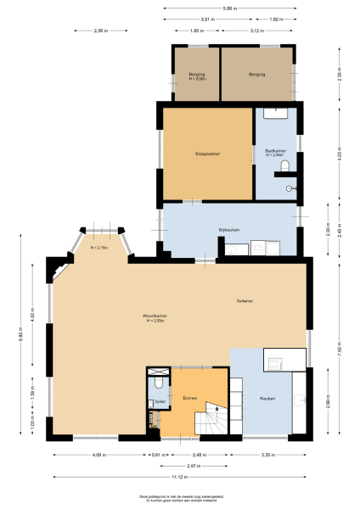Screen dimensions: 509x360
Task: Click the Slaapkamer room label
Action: pos(207,153)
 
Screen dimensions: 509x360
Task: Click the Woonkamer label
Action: pos(154,318)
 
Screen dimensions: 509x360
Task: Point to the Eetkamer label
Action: pos(245,300)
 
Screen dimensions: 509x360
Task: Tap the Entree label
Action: pos(190,397)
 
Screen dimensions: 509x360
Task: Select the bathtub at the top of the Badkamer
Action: pos(276,112)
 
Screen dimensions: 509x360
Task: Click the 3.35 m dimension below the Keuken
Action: pos(267,455)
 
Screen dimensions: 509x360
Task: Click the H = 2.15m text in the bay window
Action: pos(99,248)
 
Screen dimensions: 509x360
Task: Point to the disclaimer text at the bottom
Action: pos(179,498)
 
